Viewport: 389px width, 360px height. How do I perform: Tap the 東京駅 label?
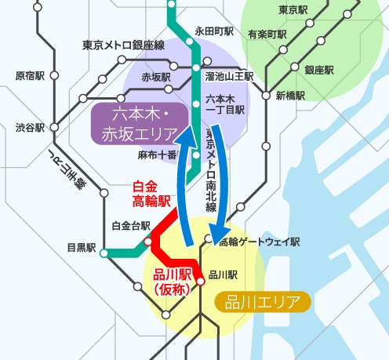292,11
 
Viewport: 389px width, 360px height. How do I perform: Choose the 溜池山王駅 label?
228,78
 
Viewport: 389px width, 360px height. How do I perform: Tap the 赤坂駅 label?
156,78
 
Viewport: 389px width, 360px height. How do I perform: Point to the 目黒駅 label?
81,249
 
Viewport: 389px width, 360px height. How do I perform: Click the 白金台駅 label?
131,227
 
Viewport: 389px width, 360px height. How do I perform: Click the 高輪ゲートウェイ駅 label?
260,242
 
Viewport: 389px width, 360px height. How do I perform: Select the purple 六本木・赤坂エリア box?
141,125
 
